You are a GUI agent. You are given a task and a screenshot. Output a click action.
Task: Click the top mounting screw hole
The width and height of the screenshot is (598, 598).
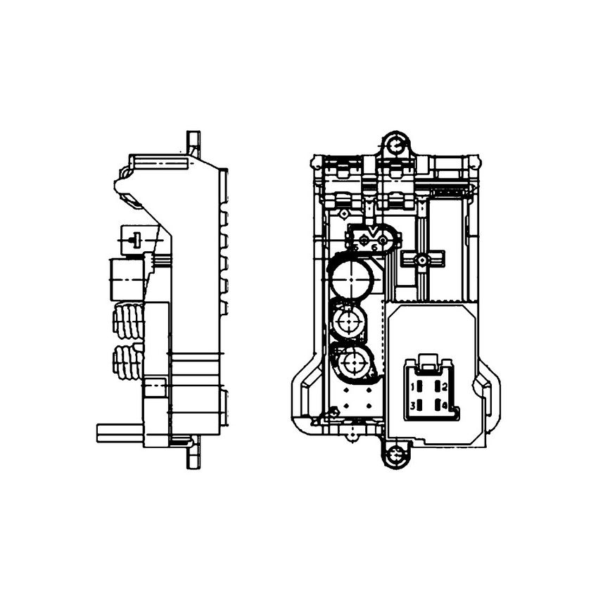tap(396, 146)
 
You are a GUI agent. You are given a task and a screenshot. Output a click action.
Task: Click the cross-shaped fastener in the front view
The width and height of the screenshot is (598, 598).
tap(421, 260)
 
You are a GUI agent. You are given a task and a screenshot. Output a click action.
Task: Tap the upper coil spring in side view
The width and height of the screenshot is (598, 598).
tap(129, 321)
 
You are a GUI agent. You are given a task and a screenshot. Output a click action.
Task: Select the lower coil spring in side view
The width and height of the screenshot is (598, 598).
tap(129, 362)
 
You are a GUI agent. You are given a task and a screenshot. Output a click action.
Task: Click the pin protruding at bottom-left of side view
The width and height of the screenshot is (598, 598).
tap(120, 433)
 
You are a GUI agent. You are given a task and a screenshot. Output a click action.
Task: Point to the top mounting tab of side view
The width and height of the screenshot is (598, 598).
tap(193, 143)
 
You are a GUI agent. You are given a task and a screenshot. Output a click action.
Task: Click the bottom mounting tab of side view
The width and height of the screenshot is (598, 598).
tap(193, 457)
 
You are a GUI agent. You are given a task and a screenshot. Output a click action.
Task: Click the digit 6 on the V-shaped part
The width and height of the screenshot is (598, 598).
tap(375, 247)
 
